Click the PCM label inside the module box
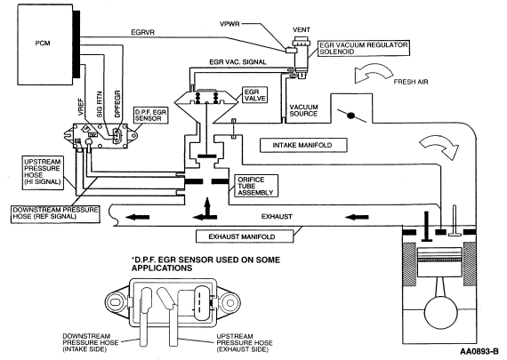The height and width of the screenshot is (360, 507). pos(43,43)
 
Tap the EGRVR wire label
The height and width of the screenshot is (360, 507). pos(142,32)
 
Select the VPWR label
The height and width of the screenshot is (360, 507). pos(229,24)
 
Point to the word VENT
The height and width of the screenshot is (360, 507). pos(302,29)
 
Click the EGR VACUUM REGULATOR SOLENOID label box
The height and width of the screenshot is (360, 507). pos(364,48)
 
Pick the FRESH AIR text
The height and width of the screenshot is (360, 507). pos(411,82)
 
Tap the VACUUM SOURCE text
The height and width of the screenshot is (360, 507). pos(303,110)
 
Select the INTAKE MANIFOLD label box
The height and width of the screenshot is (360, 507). pos(303,145)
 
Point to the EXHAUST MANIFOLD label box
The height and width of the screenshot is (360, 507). pos(245,236)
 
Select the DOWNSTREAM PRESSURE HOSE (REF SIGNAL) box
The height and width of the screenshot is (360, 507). pos(55,213)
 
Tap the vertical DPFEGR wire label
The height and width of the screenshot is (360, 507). pos(117,103)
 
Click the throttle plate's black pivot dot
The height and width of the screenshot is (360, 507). pos(350,115)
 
